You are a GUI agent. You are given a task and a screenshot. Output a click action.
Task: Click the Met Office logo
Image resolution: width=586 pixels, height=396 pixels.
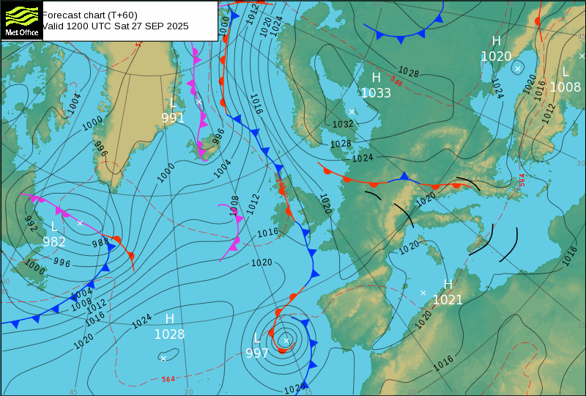tap(21, 19)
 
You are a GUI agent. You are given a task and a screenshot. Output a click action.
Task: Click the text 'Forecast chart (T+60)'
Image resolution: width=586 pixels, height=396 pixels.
tap(89, 15)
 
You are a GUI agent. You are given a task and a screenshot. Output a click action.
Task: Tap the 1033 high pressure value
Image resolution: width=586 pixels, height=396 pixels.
tap(376, 92)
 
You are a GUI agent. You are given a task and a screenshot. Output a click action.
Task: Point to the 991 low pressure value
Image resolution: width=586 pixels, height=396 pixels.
tap(173, 118)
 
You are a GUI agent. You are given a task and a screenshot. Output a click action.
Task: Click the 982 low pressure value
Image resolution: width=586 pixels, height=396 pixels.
tap(54, 242)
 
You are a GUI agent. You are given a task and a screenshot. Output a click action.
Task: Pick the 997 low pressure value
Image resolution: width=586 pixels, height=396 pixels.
tap(257, 353)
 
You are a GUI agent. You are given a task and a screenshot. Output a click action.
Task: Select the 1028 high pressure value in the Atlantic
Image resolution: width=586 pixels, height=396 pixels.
tap(169, 334)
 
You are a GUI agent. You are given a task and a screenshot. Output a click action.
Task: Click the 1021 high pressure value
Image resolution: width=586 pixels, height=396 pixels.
tap(448, 299)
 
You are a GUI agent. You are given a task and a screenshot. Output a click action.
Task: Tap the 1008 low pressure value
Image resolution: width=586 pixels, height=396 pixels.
tap(565, 87)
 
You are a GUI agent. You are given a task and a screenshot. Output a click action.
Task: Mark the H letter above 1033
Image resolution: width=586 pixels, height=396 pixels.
tap(376, 77)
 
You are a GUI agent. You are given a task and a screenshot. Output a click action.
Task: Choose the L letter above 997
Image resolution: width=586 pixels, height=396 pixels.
tap(257, 338)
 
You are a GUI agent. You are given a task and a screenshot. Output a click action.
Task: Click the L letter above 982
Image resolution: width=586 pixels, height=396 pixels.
tap(54, 227)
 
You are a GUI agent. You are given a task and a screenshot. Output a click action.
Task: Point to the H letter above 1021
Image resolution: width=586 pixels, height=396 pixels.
tap(448, 285)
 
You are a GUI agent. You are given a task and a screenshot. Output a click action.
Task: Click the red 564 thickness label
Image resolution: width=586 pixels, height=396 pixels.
tap(168, 379)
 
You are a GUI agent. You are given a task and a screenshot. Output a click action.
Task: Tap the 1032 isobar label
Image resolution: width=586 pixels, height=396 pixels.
tap(343, 124)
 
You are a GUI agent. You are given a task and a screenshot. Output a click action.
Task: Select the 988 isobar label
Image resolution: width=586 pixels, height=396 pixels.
tap(100, 243)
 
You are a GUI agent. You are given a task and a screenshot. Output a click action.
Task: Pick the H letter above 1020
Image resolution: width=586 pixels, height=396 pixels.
tap(496, 41)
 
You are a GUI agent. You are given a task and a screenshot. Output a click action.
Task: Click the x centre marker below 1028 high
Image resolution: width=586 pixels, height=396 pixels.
tap(163, 358)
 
